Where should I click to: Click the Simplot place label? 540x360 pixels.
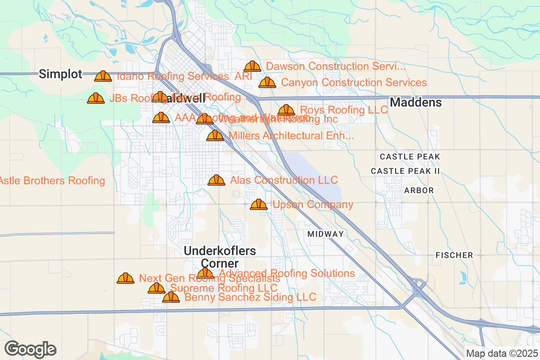[60, 74]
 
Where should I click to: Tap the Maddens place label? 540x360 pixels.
[415, 103]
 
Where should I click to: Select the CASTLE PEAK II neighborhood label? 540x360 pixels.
[405, 171]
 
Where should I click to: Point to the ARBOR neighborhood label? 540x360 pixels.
[418, 190]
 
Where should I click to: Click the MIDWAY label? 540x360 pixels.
[326, 234]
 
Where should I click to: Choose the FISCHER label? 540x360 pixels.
[454, 255]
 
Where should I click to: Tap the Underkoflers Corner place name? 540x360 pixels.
[220, 257]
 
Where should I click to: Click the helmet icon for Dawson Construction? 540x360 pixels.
[252, 67]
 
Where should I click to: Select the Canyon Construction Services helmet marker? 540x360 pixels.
[267, 83]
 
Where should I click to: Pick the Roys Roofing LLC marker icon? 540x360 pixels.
[286, 110]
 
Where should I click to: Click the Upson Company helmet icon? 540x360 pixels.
[259, 205]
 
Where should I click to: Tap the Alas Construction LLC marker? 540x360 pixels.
[216, 180]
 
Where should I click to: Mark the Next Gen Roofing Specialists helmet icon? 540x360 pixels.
[126, 279]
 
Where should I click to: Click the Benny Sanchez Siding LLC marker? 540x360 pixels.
[171, 297]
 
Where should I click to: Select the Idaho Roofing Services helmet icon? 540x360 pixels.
[103, 76]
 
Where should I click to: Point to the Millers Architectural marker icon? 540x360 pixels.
[215, 136]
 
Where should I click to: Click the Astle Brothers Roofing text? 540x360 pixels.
[52, 181]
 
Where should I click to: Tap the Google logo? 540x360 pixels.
[31, 349]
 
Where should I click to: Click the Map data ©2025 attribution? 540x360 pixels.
[502, 353]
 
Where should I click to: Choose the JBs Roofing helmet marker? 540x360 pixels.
[96, 98]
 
